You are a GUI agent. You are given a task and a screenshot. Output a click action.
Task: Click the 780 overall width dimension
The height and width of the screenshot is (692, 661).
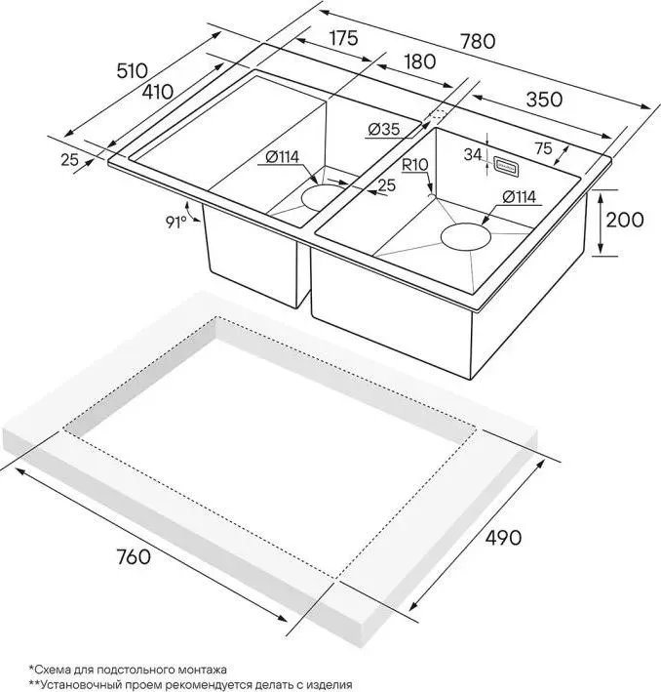coord(478,41)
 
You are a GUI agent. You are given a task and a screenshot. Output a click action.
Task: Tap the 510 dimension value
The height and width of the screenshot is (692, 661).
coord(133,70)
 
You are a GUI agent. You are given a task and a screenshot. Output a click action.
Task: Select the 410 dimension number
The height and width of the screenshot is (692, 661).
coord(158,92)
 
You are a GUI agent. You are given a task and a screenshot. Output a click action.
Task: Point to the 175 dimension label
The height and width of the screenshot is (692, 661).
coord(344,38)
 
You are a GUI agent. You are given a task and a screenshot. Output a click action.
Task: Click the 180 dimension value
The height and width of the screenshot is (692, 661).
coord(420,61)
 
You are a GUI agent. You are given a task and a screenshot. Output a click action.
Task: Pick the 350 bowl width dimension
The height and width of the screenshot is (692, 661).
coord(545,100)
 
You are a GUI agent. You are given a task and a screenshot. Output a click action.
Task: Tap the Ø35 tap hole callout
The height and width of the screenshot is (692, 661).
coord(384,129)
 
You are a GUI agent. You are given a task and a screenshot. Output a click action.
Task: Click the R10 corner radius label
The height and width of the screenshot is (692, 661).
coord(415,165)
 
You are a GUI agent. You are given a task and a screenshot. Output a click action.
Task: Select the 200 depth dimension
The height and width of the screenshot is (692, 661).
coord(625,220)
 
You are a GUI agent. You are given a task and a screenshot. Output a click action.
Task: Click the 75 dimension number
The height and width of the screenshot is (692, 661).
coord(544,148)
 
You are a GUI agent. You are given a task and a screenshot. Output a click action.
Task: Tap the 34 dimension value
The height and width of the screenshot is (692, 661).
coord(473,154)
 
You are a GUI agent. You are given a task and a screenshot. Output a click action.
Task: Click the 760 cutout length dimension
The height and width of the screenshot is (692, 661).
coord(134,556)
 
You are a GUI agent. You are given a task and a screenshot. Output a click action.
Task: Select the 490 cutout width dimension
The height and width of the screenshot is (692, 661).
coord(503,537)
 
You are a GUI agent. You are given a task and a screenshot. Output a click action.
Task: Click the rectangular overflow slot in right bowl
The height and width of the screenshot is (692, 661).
coord(506,166)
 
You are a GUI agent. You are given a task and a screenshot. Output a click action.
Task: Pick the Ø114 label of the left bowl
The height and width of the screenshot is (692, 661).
coord(282,157)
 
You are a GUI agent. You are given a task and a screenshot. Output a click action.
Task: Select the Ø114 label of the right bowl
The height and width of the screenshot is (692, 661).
coord(519,197)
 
